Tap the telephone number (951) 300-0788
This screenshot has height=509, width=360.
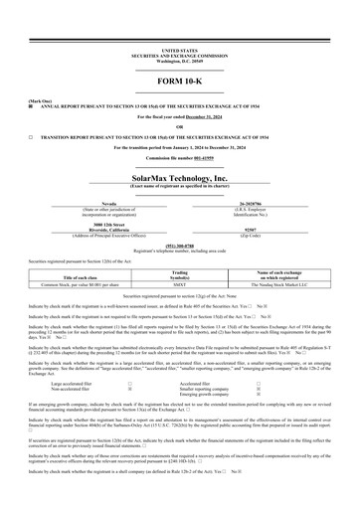point(180,245)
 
